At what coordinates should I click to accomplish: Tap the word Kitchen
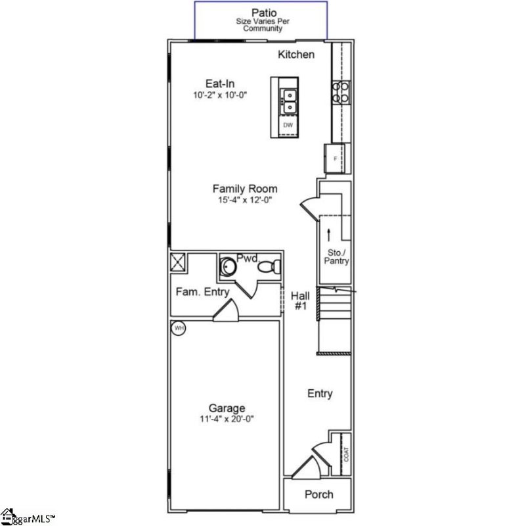click(296, 55)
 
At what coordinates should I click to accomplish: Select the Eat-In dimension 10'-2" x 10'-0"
click(220, 95)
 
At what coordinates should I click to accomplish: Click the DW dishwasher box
click(288, 125)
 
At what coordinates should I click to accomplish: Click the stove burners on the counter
click(340, 92)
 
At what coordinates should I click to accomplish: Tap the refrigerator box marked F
click(335, 159)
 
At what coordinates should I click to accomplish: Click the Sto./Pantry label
click(336, 256)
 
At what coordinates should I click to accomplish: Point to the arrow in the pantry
click(328, 235)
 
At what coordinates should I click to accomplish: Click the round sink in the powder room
click(227, 267)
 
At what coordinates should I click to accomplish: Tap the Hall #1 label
click(299, 301)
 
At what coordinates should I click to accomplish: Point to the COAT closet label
click(346, 454)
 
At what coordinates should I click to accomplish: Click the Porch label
click(318, 494)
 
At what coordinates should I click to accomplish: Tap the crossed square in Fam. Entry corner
click(178, 262)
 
